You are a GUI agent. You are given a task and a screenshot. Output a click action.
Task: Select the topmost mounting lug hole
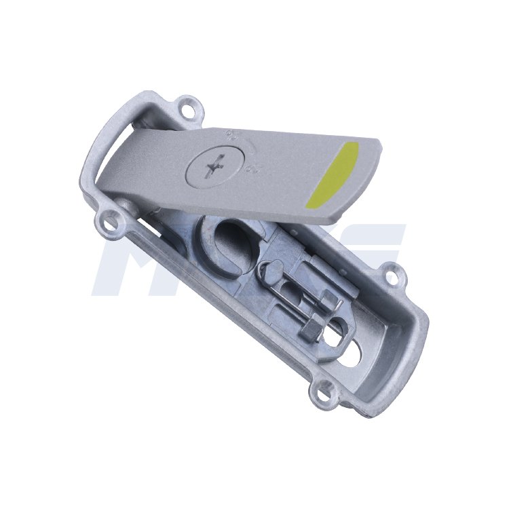(x=188, y=106)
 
